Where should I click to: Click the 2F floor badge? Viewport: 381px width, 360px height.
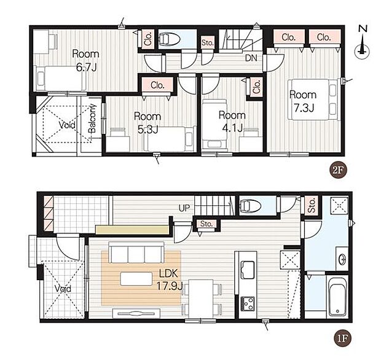[338, 170]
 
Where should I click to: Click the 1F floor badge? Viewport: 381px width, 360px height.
[343, 338]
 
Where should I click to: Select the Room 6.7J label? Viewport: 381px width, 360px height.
[86, 60]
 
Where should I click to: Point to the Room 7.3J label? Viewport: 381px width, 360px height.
[303, 101]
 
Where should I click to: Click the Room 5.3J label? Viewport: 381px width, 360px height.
[147, 123]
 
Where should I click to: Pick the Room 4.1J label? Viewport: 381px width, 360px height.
[232, 121]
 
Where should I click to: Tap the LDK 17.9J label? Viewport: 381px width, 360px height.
[169, 280]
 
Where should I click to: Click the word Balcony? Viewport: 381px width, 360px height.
[92, 119]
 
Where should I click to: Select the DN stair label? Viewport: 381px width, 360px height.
[251, 58]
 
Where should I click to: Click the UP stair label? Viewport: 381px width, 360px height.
[184, 208]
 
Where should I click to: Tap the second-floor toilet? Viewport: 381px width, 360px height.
[170, 39]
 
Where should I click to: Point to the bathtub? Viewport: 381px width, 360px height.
[337, 297]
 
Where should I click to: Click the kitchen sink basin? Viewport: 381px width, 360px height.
[248, 270]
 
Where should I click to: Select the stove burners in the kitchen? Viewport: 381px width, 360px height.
[248, 303]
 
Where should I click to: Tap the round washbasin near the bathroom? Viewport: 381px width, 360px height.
[342, 258]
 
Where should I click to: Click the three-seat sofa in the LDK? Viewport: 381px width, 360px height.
[136, 252]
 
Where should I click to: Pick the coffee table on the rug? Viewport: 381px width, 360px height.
[136, 279]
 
